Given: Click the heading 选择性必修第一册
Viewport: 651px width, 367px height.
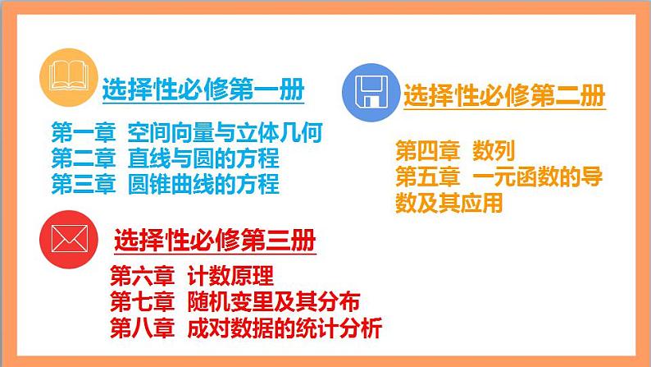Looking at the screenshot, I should click(x=203, y=91).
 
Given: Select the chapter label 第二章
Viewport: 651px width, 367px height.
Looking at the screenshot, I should click(x=83, y=158).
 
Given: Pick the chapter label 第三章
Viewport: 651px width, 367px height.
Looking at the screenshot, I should click(x=83, y=183).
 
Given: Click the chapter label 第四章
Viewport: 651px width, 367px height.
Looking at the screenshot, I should click(x=427, y=151).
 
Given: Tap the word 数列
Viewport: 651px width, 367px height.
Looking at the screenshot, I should click(x=493, y=151).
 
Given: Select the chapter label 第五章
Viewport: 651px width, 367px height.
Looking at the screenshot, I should click(x=427, y=177).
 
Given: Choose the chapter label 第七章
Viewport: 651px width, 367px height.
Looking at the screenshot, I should click(x=141, y=301).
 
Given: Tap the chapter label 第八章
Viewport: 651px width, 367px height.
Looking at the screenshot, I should click(x=141, y=328).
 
